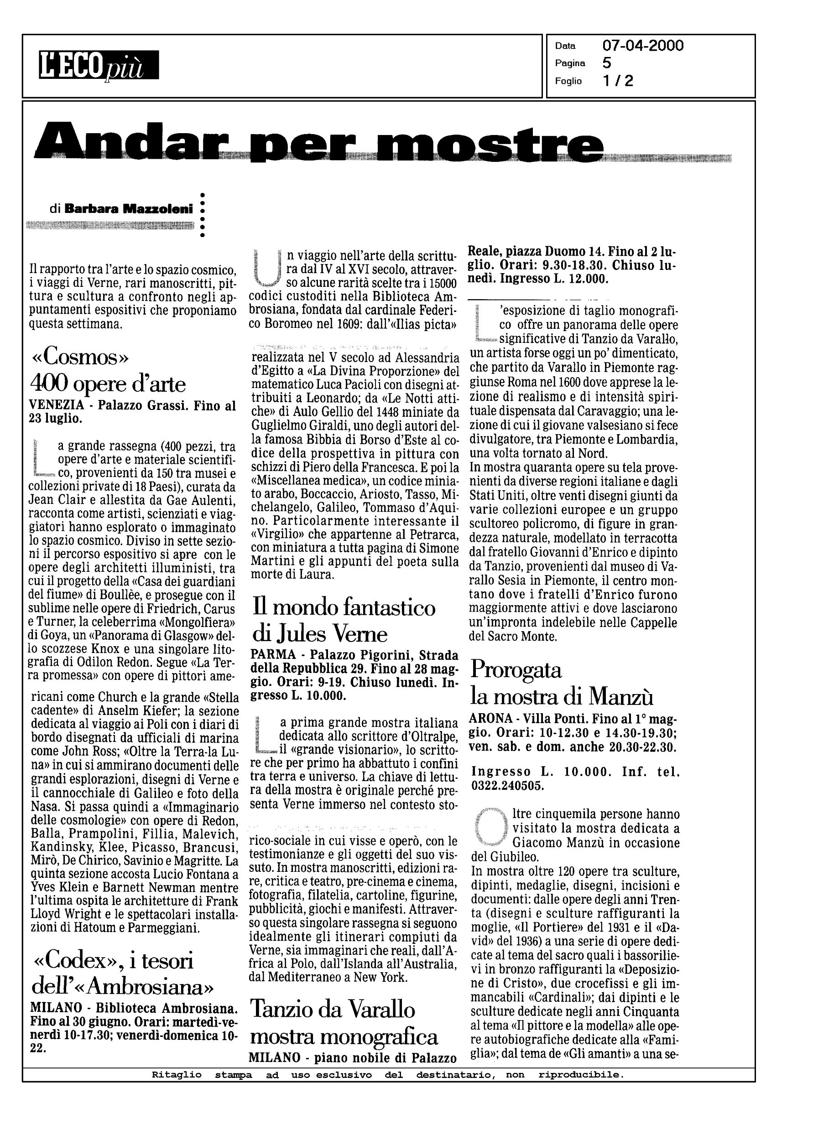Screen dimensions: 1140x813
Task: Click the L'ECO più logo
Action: pyautogui.click(x=99, y=65)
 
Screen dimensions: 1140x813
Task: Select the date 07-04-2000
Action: pyautogui.click(x=643, y=46)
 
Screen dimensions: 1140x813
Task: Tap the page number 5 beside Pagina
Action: pyautogui.click(x=607, y=63)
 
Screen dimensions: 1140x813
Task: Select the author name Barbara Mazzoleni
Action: pyautogui.click(x=129, y=210)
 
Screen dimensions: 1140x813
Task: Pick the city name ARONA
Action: pyautogui.click(x=490, y=719)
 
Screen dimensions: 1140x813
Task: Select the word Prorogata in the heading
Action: pyautogui.click(x=516, y=670)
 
